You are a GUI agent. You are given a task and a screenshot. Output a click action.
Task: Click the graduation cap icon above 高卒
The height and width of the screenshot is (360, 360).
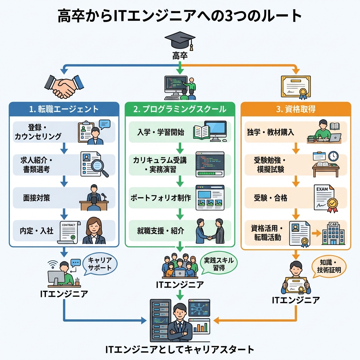coord(179,40)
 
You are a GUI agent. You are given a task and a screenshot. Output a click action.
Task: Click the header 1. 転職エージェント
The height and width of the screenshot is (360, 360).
coord(64,109)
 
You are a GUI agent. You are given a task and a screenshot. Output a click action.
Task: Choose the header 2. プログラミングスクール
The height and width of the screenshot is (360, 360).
coord(180,109)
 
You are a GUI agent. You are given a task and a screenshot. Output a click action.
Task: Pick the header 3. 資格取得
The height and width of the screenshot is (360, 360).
coord(296,109)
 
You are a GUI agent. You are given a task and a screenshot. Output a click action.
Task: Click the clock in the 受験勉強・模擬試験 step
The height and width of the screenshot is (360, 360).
coord(333,156)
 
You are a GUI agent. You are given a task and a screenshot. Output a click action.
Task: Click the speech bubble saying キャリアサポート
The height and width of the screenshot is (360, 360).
coord(99,264)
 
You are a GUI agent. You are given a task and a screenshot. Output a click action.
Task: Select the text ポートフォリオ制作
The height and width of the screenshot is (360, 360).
coord(160,198)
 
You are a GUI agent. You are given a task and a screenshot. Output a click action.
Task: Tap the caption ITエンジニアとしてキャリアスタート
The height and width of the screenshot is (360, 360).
coord(180,349)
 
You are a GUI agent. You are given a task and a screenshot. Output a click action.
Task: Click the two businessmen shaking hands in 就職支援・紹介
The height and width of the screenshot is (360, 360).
coord(210,231)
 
